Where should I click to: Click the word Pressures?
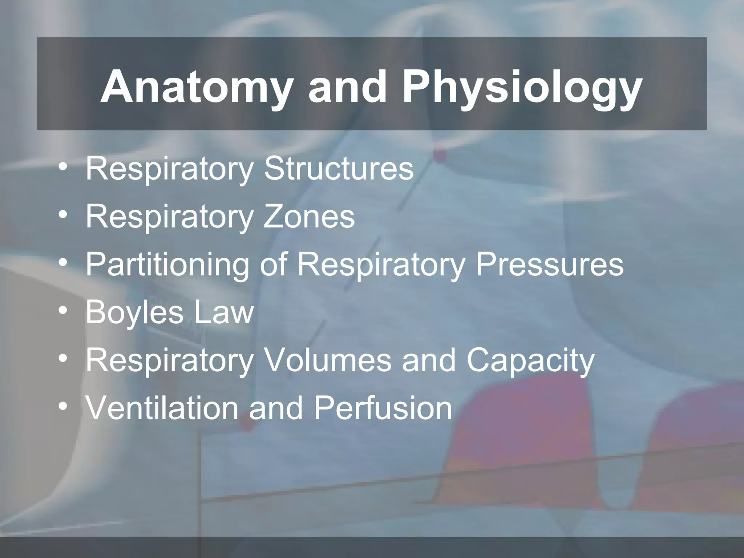pyautogui.click(x=550, y=264)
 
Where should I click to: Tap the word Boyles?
pyautogui.click(x=134, y=313)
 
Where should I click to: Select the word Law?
pyautogui.click(x=224, y=312)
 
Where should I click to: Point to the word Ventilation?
pyautogui.click(x=162, y=408)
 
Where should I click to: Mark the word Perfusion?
pyautogui.click(x=383, y=408)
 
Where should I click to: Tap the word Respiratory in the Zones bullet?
pyautogui.click(x=169, y=217)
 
